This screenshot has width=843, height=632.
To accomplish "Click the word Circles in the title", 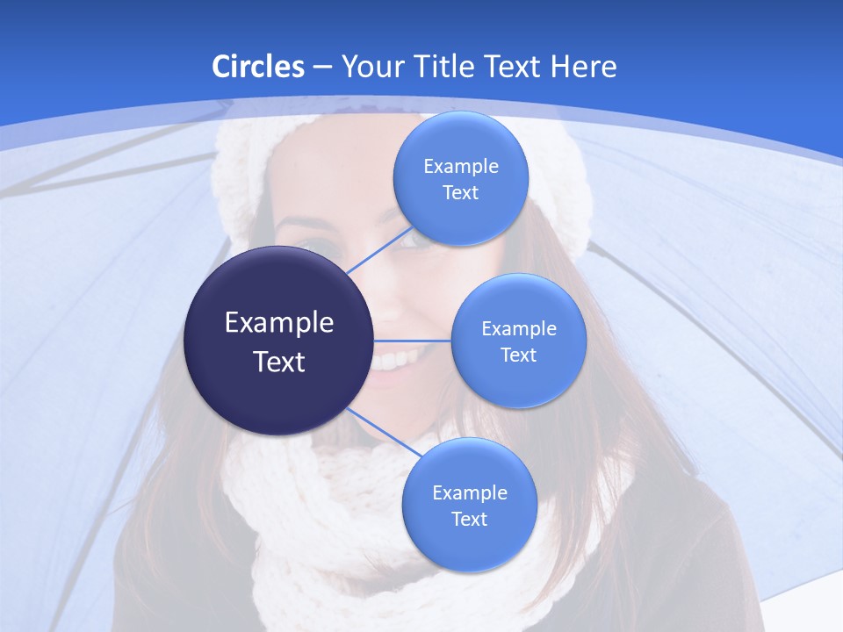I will pos(258,67).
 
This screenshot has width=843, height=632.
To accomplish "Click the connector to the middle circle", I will pos(413,341).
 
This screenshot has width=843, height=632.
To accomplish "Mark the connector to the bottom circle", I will pos(383,433).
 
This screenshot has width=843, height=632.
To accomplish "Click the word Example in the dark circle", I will pos(279,323).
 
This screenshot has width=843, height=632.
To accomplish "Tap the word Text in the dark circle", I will pos(279,362).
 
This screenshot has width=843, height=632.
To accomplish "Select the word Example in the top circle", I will pos(460,166).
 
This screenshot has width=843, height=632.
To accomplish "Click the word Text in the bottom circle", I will pos(469,519).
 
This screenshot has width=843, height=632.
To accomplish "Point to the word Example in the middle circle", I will pos(518,328).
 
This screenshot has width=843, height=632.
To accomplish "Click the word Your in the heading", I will pos(370,67).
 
